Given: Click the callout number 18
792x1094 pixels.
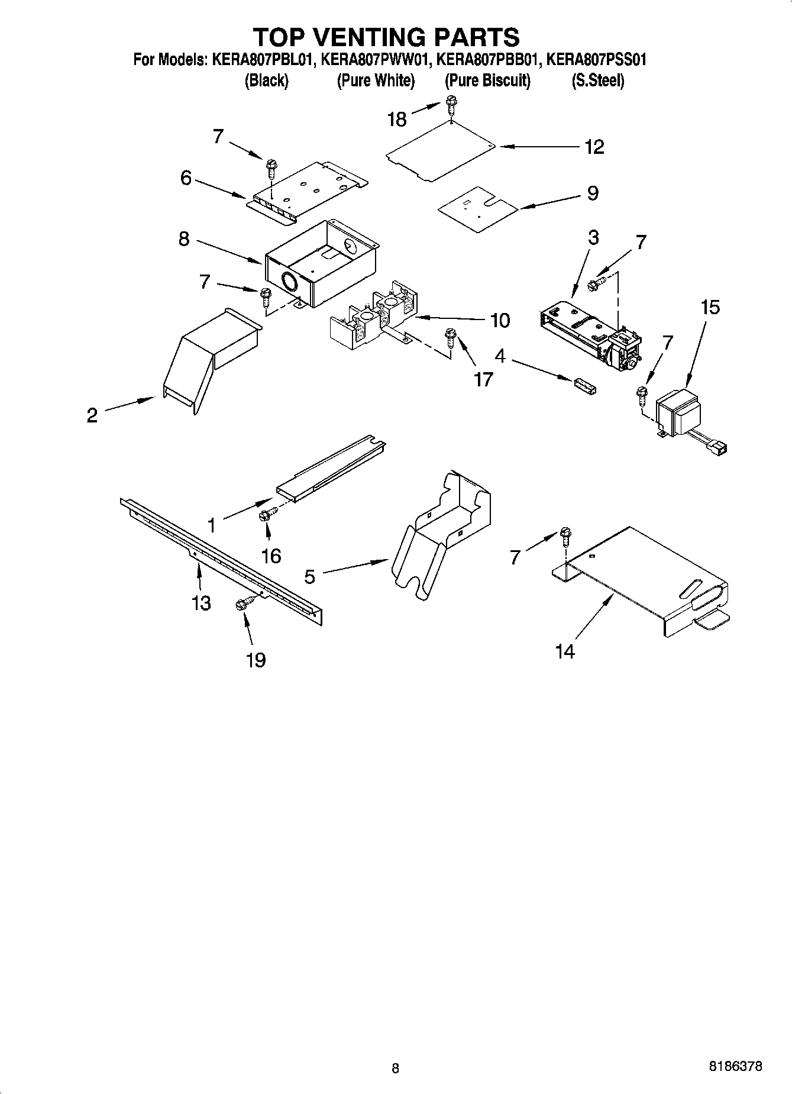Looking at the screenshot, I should click(397, 120).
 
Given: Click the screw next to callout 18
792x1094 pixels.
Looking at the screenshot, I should click(451, 106).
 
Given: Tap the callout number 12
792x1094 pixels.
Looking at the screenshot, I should click(594, 147).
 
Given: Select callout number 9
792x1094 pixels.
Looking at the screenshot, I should click(593, 193).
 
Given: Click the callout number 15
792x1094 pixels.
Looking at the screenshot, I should click(710, 308).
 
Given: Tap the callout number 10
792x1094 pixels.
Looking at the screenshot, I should click(500, 321).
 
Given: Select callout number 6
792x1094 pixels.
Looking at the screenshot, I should click(186, 178).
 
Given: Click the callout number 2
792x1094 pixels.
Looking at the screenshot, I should click(92, 415).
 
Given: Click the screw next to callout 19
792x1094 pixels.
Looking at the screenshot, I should click(243, 604).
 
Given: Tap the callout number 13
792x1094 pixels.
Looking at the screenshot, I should click(201, 603).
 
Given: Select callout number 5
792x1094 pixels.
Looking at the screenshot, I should click(310, 576).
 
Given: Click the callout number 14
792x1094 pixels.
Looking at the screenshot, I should click(565, 651).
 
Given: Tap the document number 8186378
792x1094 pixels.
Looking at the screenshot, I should click(735, 1066).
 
